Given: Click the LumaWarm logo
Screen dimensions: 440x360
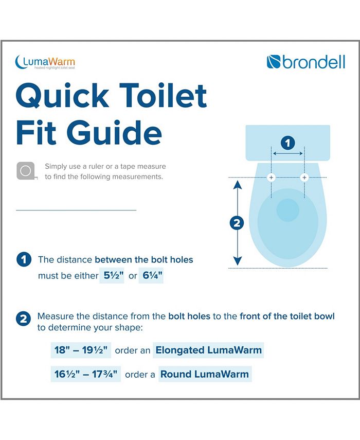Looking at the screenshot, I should click(x=45, y=62).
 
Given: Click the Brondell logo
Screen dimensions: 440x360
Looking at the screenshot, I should click(x=305, y=62).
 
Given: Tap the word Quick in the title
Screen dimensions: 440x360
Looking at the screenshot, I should click(x=62, y=96).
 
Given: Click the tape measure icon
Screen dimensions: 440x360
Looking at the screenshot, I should click(x=25, y=170).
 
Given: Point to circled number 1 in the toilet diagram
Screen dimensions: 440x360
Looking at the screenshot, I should click(x=287, y=143).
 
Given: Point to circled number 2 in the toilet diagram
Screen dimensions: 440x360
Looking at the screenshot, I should click(x=237, y=223).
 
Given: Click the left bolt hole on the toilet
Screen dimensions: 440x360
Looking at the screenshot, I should click(x=272, y=178).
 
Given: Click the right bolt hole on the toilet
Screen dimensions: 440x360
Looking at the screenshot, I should click(x=304, y=178).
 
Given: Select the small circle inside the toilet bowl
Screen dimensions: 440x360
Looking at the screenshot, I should click(x=287, y=210).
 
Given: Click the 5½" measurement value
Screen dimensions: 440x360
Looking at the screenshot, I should click(x=112, y=275).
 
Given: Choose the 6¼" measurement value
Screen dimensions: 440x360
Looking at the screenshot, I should click(x=151, y=275).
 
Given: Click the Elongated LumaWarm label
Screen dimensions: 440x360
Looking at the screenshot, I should click(x=209, y=350).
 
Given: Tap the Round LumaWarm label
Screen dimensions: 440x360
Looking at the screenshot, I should click(x=205, y=374).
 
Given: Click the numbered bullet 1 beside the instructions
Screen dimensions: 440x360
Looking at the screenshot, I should click(x=23, y=259).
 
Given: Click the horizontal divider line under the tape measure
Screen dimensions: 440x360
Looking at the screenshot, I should click(x=76, y=210).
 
